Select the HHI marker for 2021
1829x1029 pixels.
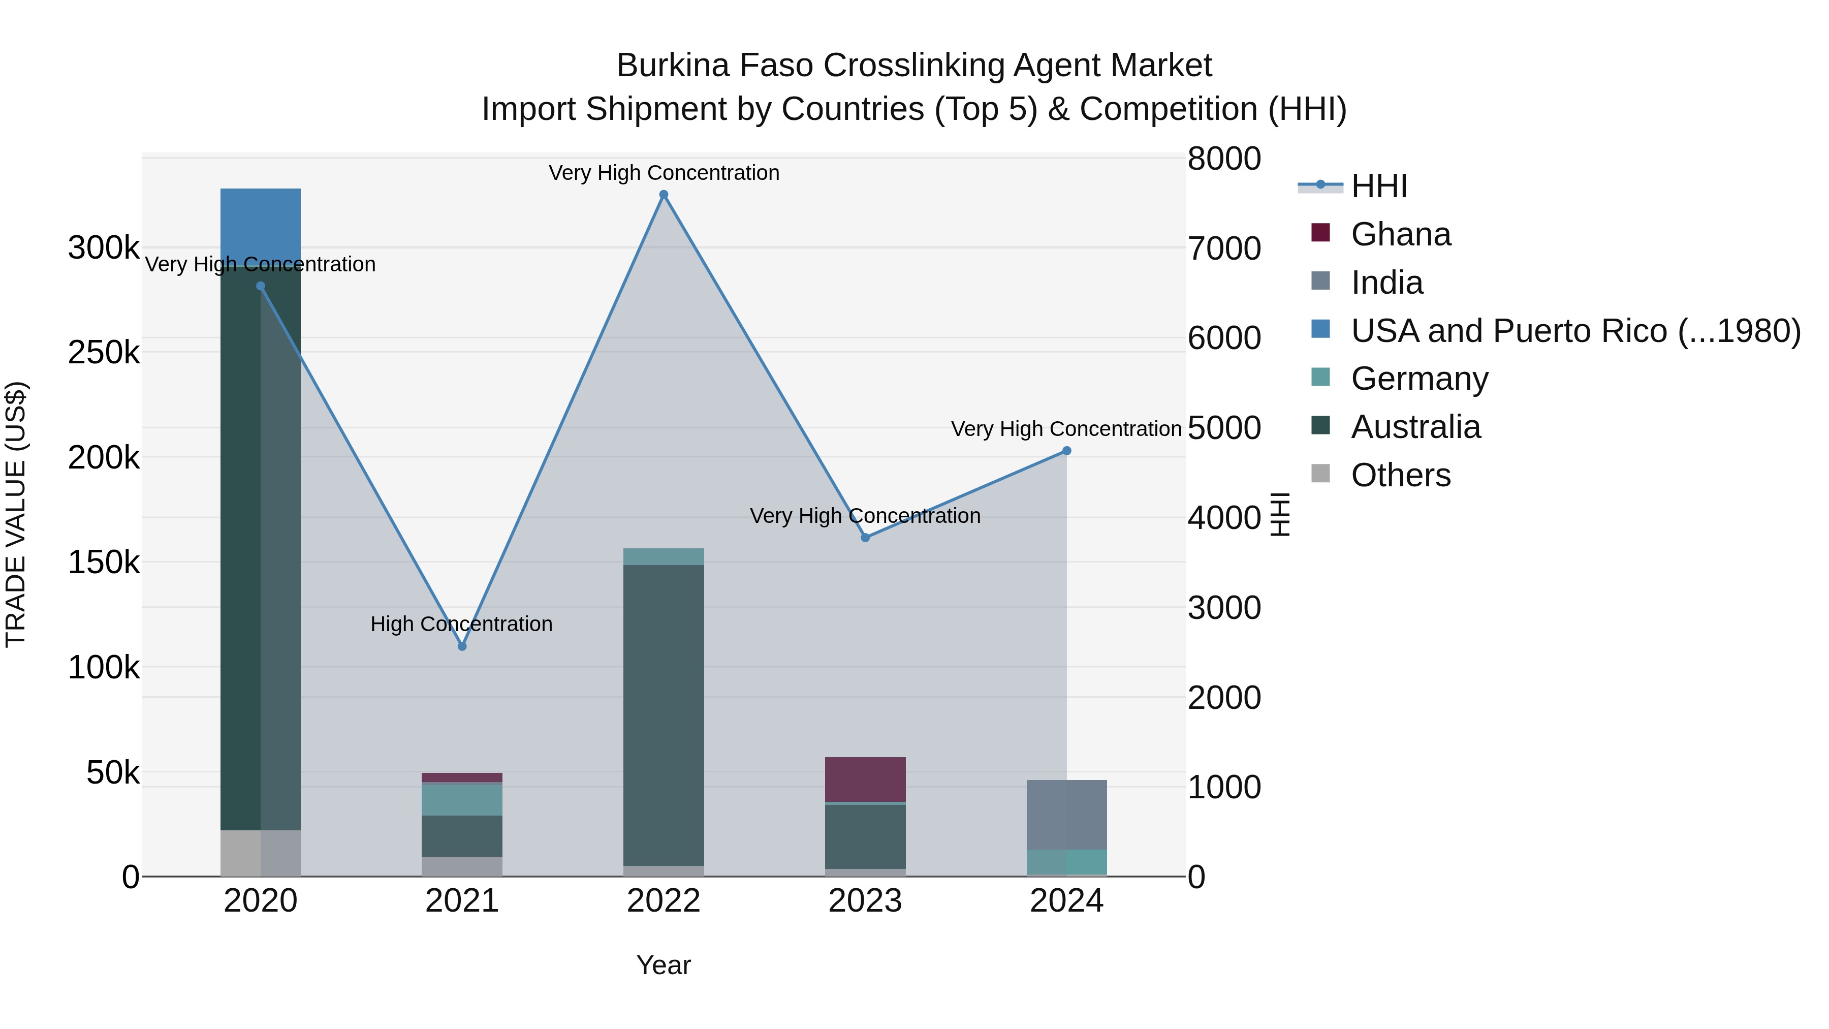(x=462, y=646)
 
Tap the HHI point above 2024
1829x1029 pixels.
(x=1066, y=451)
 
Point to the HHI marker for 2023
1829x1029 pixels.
(x=865, y=538)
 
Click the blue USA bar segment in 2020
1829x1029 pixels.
(x=261, y=224)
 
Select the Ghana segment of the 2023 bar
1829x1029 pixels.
(x=865, y=779)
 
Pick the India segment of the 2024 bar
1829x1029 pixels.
(x=1066, y=815)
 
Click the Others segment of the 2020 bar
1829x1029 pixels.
(x=261, y=853)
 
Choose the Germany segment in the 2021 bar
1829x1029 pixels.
(x=462, y=800)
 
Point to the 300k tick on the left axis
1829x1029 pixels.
(x=104, y=248)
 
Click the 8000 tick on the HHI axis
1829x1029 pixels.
(x=1224, y=159)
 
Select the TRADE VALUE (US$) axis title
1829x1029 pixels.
(x=16, y=514)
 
